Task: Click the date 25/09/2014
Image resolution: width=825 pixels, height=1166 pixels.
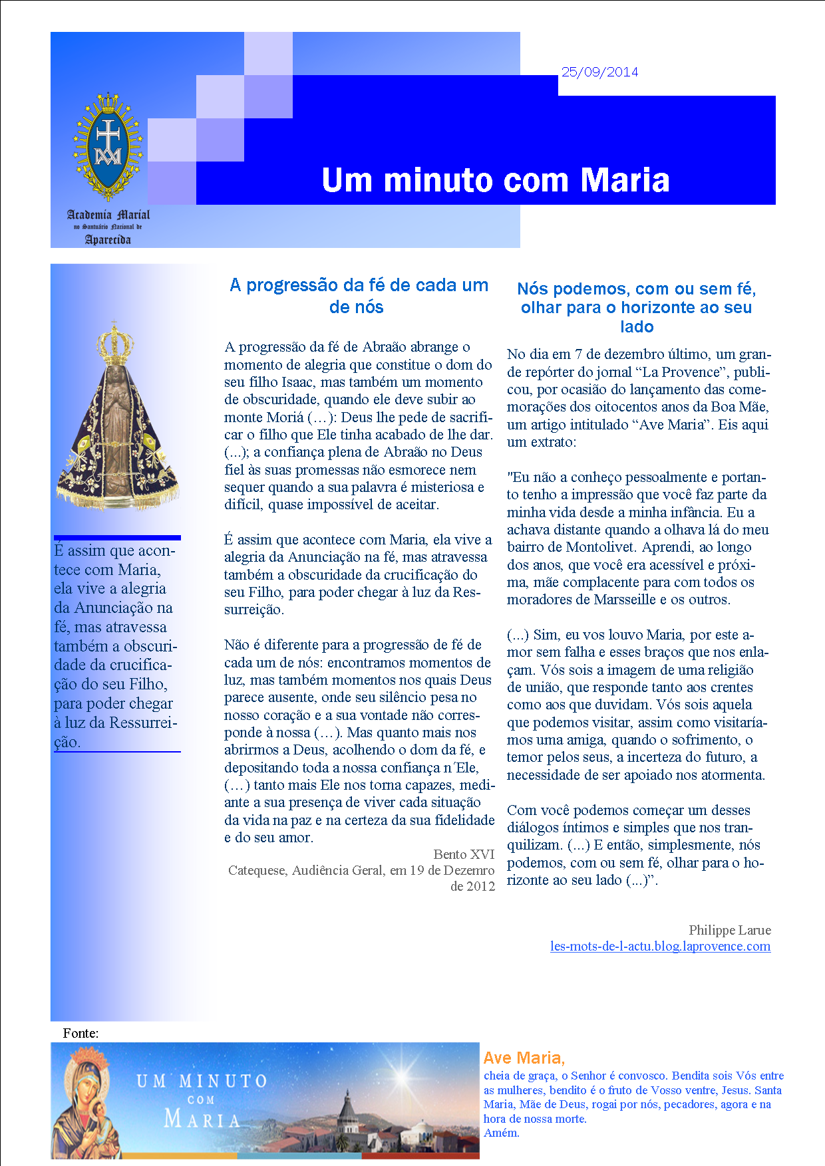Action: tap(599, 72)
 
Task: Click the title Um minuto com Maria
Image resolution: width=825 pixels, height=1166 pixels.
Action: tap(495, 180)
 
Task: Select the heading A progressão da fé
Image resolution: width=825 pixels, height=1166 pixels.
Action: tap(359, 296)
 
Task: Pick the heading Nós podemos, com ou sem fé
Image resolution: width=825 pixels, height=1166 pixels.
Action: tap(637, 307)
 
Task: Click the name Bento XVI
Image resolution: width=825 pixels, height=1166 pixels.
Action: tap(464, 854)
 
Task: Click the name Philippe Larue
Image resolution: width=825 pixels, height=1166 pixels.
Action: tap(729, 930)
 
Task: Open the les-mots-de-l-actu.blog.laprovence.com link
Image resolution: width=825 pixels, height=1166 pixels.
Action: tap(660, 946)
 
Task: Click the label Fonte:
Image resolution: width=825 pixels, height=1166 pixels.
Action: tap(81, 1033)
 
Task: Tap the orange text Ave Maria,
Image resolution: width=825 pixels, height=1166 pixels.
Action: tap(524, 1058)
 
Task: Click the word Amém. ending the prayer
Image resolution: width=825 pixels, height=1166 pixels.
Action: tap(501, 1133)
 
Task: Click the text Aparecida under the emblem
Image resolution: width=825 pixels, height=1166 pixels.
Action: tap(108, 239)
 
